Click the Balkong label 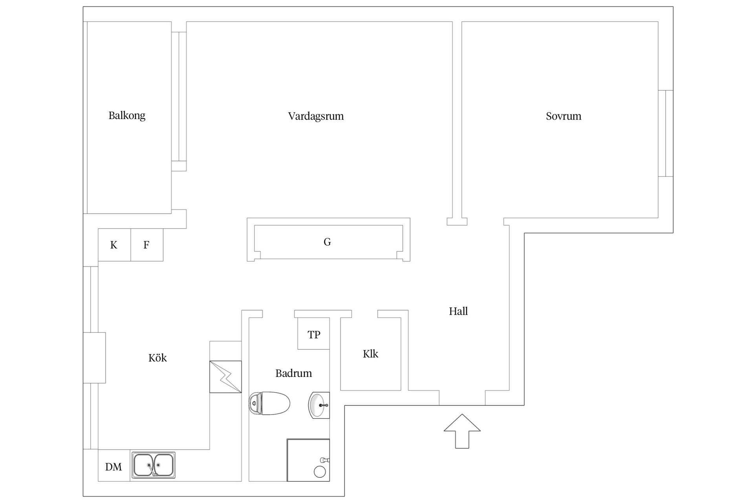point(127,116)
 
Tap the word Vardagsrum point(316,116)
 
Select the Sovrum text point(563,116)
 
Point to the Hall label point(458,311)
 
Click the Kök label point(157,358)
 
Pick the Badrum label point(293,373)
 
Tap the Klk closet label point(370,354)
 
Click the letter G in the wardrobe point(327,242)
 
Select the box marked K point(114,245)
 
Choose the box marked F point(146,245)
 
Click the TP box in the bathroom point(313,334)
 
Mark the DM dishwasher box point(113,466)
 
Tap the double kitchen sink point(153,465)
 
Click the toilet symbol point(269,403)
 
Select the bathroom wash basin point(318,405)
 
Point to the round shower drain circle point(320,472)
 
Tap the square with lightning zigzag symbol point(225,376)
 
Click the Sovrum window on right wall point(666,133)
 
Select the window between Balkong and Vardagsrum point(179,96)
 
